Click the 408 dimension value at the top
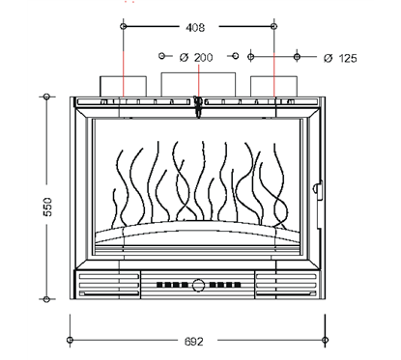198,28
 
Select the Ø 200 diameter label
197,58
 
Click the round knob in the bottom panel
199,286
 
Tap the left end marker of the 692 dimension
70,341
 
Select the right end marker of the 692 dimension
328,341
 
